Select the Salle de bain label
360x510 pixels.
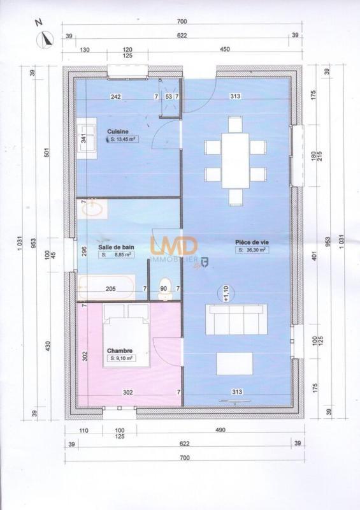click(116, 247)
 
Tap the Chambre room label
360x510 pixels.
click(119, 351)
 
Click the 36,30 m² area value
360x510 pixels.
click(252, 251)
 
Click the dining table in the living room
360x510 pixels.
click(234, 159)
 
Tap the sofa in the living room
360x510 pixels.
click(235, 319)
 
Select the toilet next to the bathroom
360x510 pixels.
click(163, 286)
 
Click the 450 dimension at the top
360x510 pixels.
click(224, 49)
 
